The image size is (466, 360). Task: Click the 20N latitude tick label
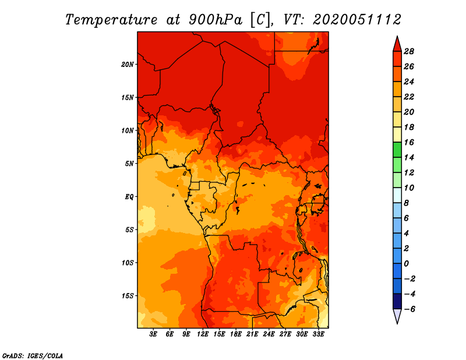(127, 64)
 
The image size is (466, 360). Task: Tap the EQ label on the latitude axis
(129, 196)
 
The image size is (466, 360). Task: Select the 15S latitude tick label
(127, 296)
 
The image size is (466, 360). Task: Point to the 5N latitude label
(129, 164)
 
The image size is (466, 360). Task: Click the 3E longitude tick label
(153, 334)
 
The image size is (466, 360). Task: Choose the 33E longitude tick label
(318, 334)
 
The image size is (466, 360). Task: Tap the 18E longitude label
(236, 334)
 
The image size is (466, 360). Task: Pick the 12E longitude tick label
(203, 334)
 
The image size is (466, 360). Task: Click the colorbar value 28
(409, 51)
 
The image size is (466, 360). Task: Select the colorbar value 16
(409, 142)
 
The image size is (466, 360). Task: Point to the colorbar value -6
(409, 309)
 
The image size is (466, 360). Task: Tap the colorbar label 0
(406, 264)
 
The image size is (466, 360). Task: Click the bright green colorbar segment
(397, 150)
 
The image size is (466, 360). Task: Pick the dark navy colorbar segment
(397, 301)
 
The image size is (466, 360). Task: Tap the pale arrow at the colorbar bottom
(397, 316)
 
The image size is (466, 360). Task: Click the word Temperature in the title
(111, 20)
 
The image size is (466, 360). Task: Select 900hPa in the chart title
(216, 20)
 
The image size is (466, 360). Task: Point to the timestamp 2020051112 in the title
(357, 20)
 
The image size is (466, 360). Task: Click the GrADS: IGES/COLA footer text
(33, 355)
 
